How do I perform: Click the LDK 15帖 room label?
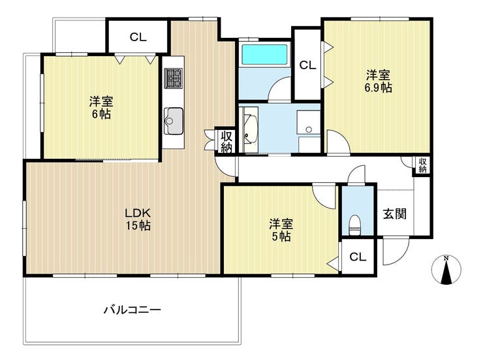(138, 219)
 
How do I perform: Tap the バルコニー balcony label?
(132, 310)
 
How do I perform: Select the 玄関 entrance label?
(395, 214)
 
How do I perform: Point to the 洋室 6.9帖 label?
(379, 82)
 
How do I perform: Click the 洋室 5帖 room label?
(281, 230)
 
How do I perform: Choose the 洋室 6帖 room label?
(101, 108)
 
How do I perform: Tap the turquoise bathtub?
(264, 54)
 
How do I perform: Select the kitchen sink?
(174, 121)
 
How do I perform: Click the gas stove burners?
(173, 78)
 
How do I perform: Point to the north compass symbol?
(446, 269)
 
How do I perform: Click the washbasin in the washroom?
(251, 129)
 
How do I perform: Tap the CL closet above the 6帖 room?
(138, 37)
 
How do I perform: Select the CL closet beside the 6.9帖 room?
(307, 65)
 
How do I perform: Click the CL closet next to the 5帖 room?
(358, 256)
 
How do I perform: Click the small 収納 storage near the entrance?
(423, 165)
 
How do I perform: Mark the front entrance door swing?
(396, 252)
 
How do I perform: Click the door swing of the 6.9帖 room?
(338, 142)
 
